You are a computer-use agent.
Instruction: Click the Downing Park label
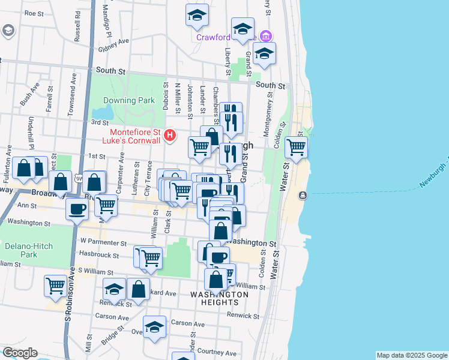tap(128, 100)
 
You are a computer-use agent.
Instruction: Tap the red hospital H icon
tap(170, 136)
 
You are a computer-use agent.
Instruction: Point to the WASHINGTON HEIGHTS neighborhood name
tap(219, 298)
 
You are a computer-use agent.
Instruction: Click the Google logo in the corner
tap(19, 353)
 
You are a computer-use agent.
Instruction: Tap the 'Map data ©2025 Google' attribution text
tap(411, 355)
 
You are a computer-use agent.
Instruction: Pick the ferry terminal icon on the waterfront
tap(303, 196)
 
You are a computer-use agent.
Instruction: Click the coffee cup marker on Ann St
tap(77, 211)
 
